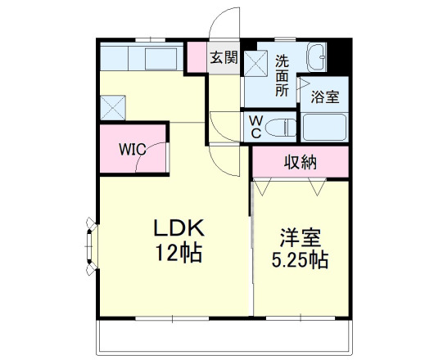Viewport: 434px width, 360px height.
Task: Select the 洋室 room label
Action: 301,239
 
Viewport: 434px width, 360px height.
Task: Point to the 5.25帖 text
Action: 301,261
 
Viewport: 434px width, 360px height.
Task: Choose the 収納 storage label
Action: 300,162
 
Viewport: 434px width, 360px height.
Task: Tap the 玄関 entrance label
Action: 224,57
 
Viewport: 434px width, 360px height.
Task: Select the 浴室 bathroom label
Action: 325,97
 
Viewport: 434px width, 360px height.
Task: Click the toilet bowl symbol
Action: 281,127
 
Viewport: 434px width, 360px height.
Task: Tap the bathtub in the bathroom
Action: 324,127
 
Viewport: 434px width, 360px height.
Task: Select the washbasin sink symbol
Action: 318,59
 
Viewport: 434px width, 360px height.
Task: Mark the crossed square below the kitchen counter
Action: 112,107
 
